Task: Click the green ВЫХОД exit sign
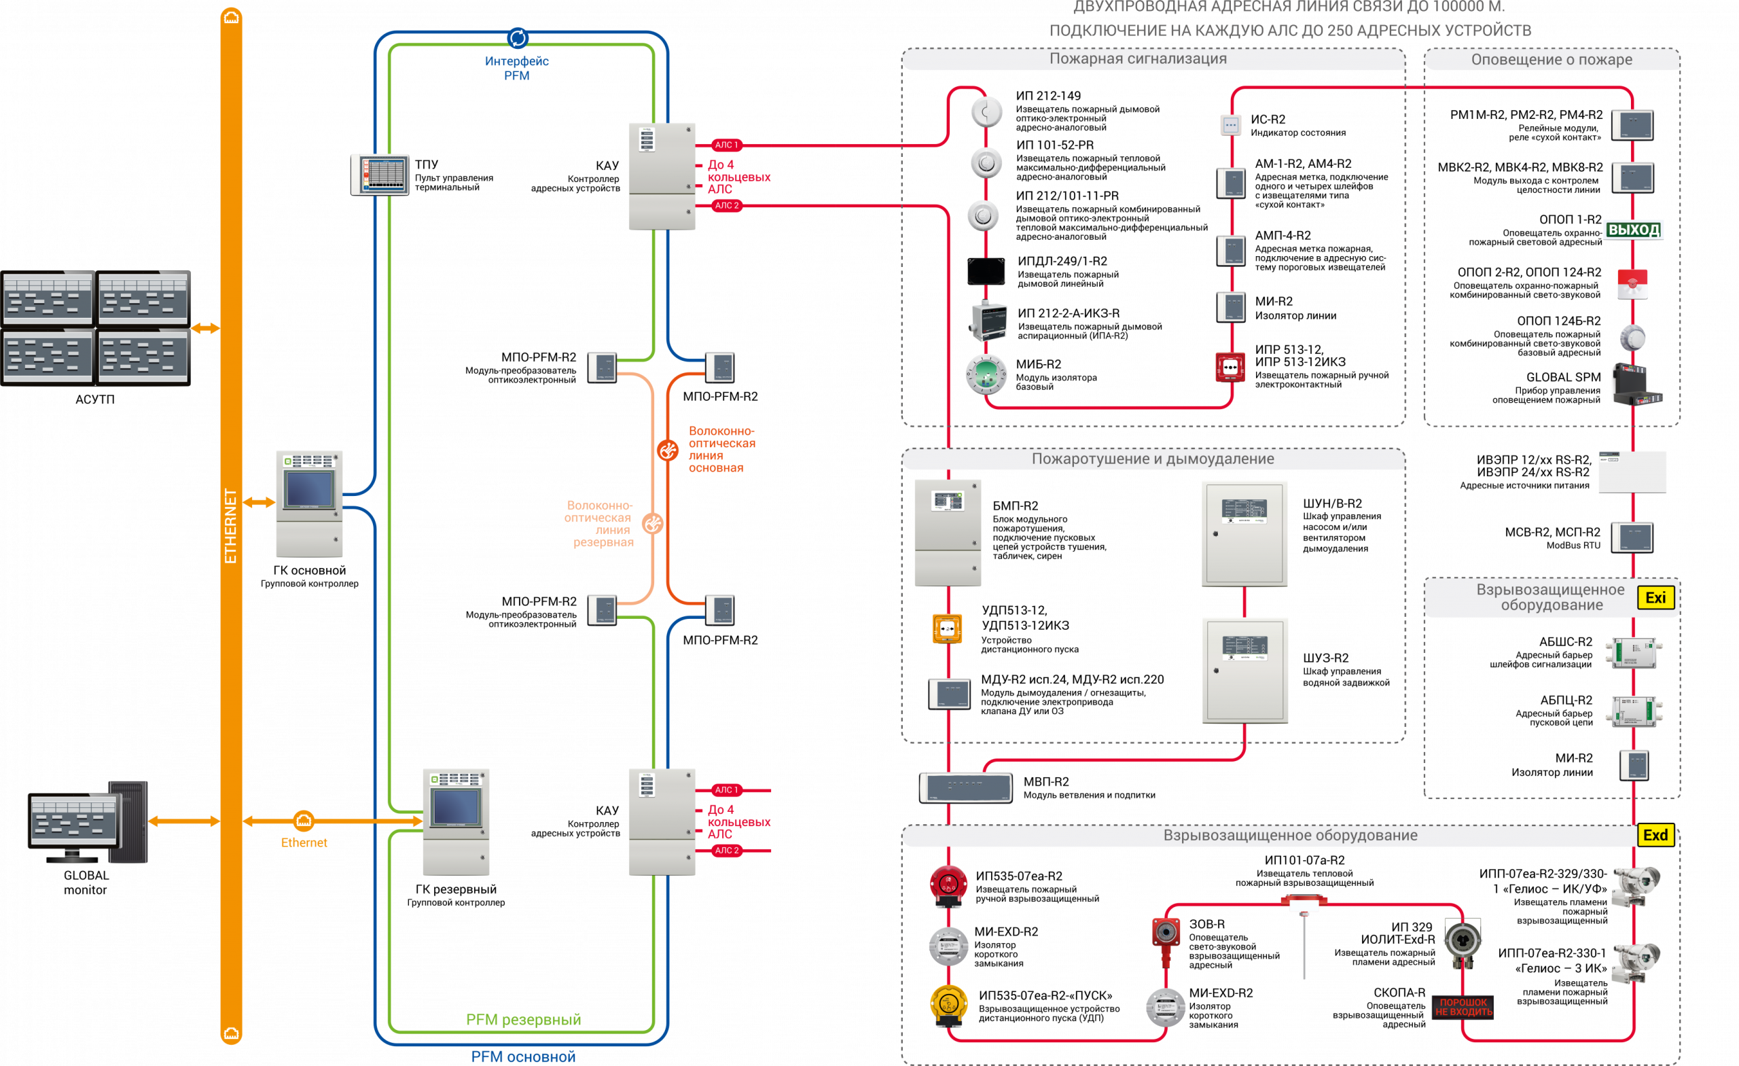[1632, 230]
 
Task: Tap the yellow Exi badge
[1655, 598]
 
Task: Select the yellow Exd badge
[1655, 835]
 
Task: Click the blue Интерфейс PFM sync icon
[518, 37]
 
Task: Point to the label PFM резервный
[523, 1019]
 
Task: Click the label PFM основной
[523, 1056]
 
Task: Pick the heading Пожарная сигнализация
[1138, 58]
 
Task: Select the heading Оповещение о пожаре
[1552, 59]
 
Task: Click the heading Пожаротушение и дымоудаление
[1153, 459]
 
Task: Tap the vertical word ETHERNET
[231, 526]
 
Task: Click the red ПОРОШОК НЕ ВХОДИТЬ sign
[1463, 1008]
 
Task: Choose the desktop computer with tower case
[88, 823]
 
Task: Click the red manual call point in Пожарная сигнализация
[1230, 367]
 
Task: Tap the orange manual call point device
[947, 628]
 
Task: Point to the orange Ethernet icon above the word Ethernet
[304, 820]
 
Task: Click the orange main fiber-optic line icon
[668, 450]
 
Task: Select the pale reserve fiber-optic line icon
[653, 524]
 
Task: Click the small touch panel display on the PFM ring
[380, 174]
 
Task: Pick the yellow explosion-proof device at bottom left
[948, 1004]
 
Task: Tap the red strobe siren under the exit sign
[1632, 284]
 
